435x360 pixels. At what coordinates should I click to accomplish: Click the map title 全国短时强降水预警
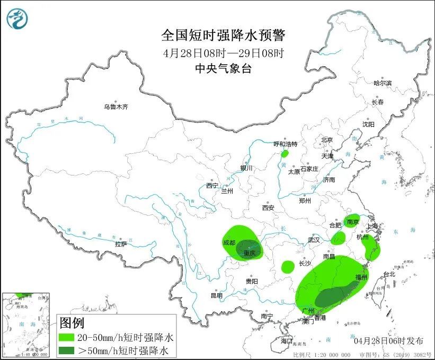[x=223, y=36]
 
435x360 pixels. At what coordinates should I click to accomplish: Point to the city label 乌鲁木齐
[x=116, y=107]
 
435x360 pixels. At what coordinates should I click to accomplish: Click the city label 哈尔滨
[x=382, y=83]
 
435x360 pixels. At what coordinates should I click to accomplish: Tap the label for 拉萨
[x=121, y=244]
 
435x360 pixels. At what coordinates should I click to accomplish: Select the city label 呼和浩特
[x=285, y=144]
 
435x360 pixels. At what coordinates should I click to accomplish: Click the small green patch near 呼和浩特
[x=285, y=154]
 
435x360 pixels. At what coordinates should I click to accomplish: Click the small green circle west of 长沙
[x=288, y=266]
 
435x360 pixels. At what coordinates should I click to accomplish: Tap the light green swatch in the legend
[x=67, y=337]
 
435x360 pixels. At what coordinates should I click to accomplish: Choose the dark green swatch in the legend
[x=67, y=350]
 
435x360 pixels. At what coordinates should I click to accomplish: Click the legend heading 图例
[x=72, y=322]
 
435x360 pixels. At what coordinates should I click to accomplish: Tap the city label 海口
[x=287, y=340]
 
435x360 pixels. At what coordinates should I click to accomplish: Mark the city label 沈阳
[x=368, y=124]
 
